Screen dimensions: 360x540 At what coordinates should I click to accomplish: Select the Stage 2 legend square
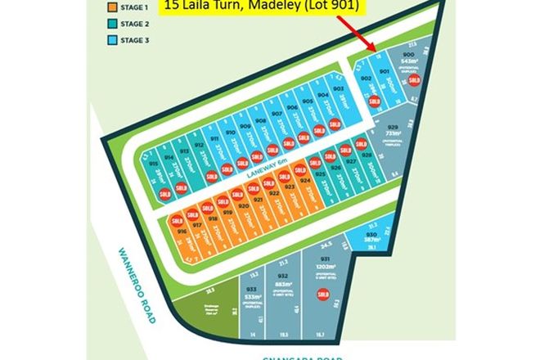coord(111,24)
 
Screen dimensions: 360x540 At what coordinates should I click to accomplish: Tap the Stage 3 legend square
coord(111,39)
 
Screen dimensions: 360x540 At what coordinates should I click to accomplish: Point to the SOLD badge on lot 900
coord(414,80)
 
